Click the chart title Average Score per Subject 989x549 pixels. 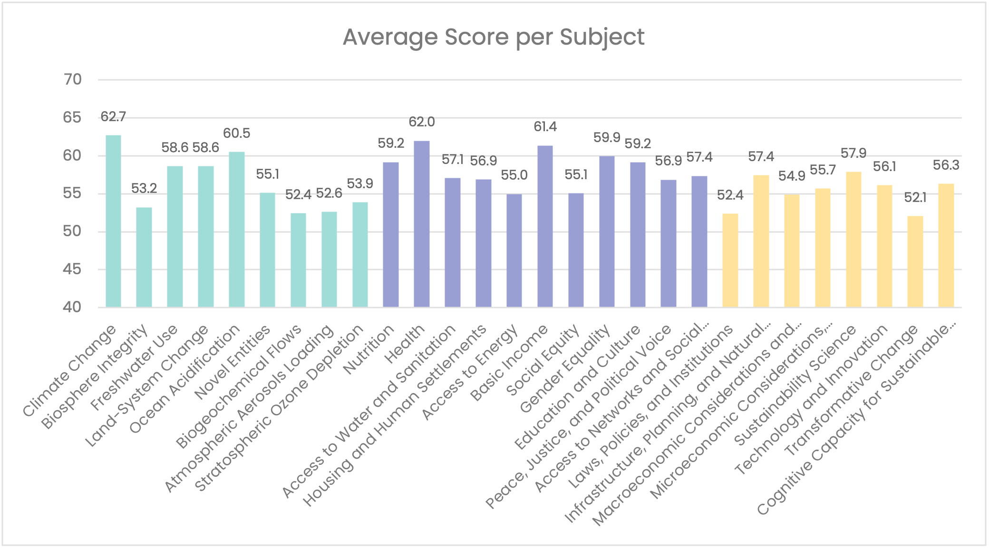494,37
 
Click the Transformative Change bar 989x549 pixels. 915,261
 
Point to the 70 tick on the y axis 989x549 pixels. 72,79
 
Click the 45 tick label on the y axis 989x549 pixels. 72,270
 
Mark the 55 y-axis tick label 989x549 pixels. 72,193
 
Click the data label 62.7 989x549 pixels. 113,116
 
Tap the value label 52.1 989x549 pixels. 915,197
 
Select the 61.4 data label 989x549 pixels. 545,127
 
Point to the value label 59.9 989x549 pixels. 607,138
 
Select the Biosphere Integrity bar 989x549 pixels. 144,257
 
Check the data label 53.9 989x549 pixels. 360,183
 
